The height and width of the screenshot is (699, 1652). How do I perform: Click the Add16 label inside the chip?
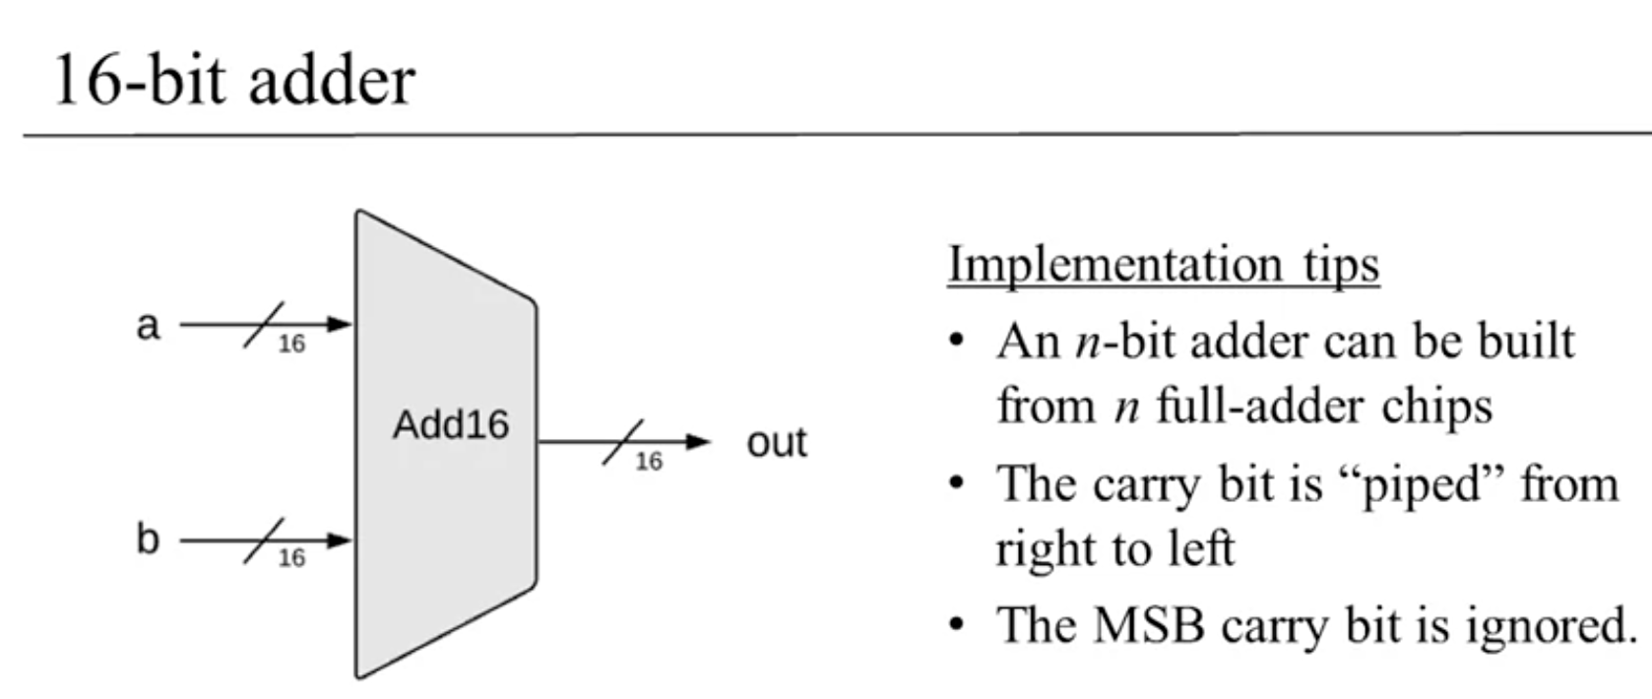pyautogui.click(x=450, y=425)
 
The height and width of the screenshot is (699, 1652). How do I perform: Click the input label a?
pyautogui.click(x=148, y=325)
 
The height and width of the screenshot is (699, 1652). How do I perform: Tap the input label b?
pyautogui.click(x=148, y=540)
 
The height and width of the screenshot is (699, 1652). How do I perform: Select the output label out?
pyautogui.click(x=776, y=442)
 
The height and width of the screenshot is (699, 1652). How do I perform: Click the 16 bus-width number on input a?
pyautogui.click(x=291, y=344)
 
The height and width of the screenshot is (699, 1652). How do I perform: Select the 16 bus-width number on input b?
pyautogui.click(x=291, y=558)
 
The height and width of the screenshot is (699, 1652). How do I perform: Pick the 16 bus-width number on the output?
pyautogui.click(x=649, y=461)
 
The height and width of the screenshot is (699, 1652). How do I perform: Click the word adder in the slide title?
pyautogui.click(x=332, y=81)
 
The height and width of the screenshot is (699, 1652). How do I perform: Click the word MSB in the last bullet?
pyautogui.click(x=1149, y=625)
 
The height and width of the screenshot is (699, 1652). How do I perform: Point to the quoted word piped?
pyautogui.click(x=1419, y=485)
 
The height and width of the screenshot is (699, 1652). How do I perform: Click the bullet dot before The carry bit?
pyautogui.click(x=956, y=484)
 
